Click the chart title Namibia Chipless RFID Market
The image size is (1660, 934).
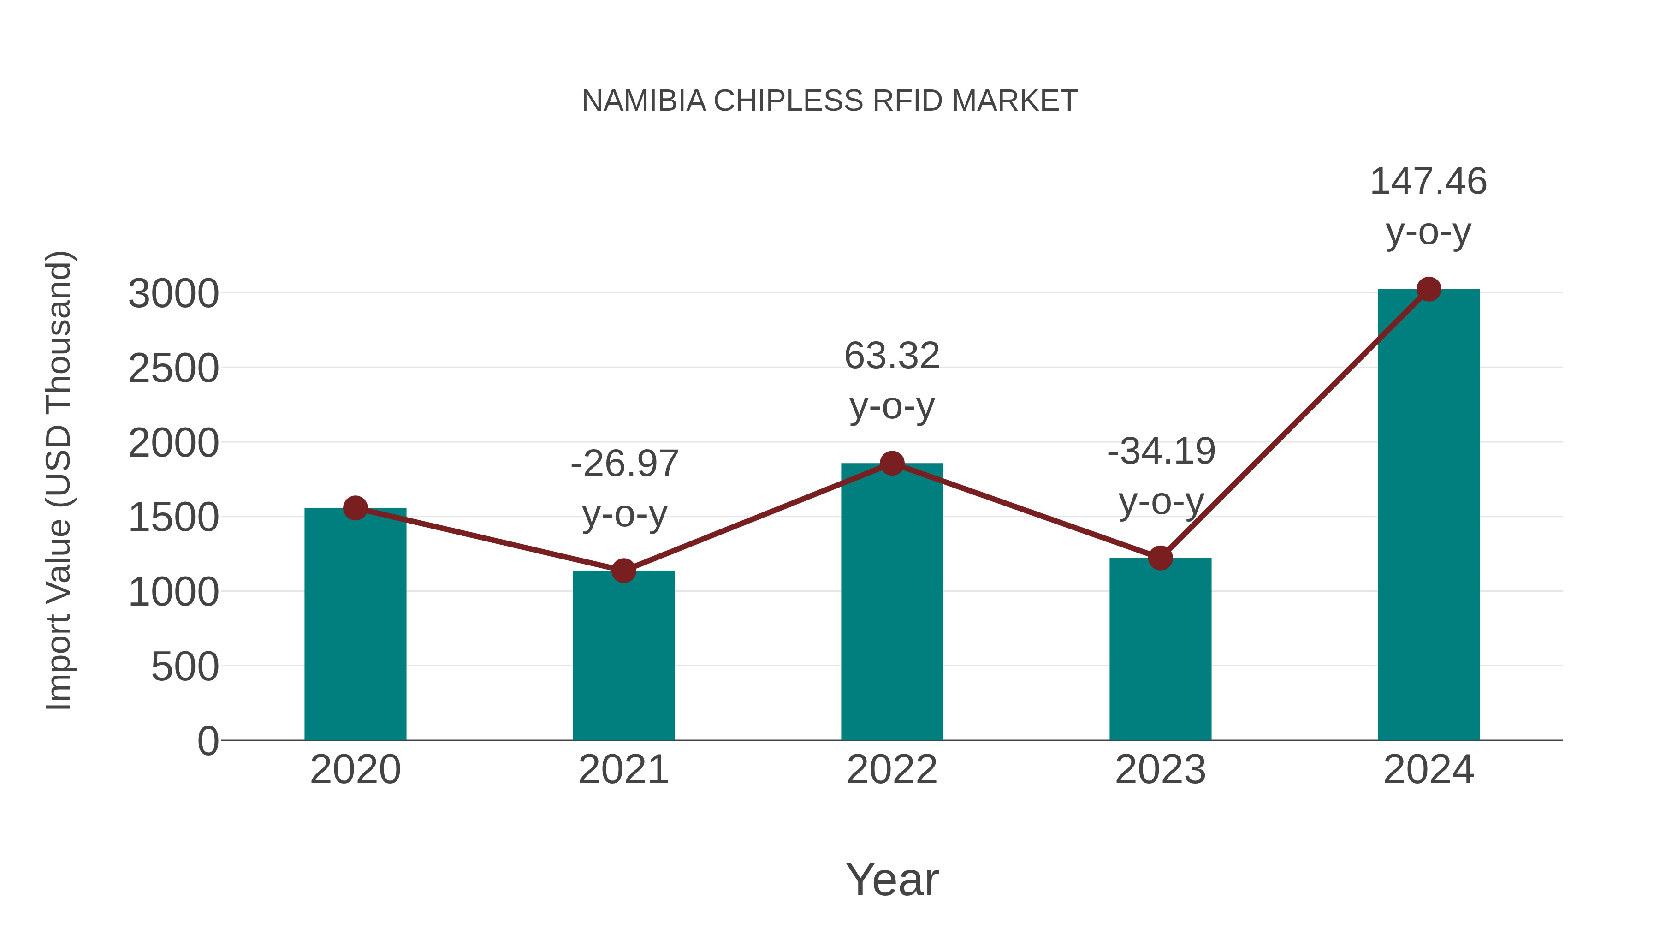click(x=830, y=101)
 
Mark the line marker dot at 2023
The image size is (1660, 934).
click(x=1160, y=558)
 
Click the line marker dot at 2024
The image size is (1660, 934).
click(x=1429, y=289)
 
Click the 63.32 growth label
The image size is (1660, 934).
click(x=892, y=381)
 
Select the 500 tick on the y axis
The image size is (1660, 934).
click(x=184, y=666)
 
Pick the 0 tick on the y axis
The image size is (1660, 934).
click(x=207, y=741)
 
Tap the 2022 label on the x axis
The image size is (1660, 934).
click(x=892, y=770)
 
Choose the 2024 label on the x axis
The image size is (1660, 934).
click(x=1429, y=770)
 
